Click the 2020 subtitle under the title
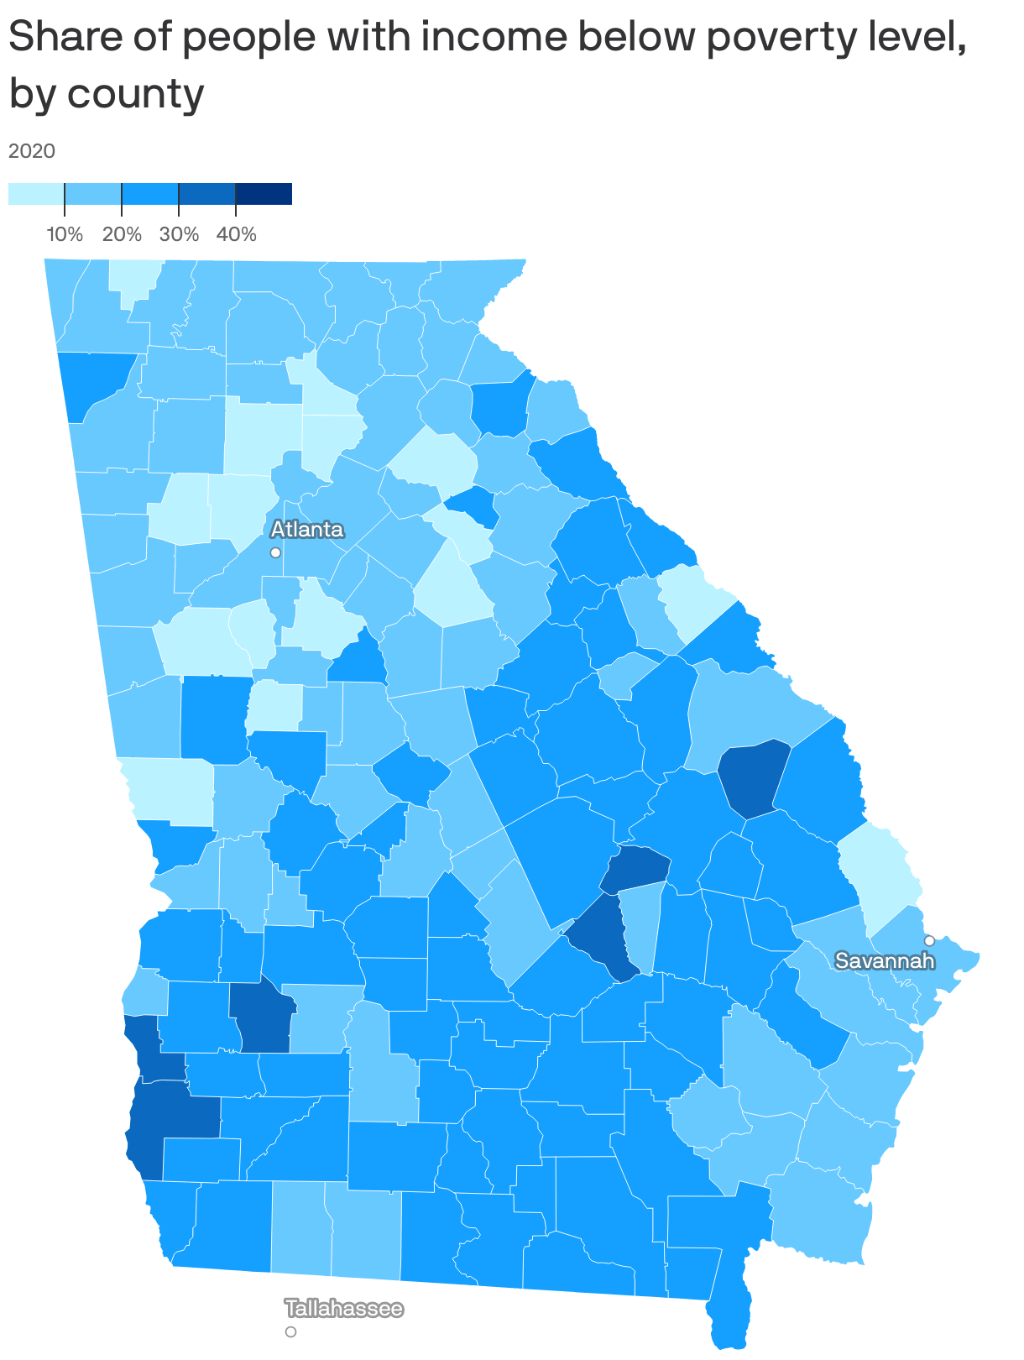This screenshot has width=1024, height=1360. (32, 151)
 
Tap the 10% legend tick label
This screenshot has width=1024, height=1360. (65, 234)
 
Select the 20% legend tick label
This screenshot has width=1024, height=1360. (122, 234)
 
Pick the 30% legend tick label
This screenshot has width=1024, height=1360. (179, 234)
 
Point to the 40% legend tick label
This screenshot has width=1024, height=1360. (236, 234)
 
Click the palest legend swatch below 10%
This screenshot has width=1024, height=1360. (36, 194)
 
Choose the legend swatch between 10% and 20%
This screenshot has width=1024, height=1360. (93, 194)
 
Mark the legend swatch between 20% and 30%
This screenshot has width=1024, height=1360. (150, 194)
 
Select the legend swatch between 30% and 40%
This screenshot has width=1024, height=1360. (207, 194)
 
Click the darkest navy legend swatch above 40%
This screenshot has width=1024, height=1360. (264, 194)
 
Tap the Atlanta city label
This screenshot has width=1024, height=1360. (307, 530)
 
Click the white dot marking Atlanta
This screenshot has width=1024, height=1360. (275, 552)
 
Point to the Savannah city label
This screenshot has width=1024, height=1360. (885, 960)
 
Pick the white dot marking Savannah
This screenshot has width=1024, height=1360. (929, 940)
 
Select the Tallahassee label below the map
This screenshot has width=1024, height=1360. (344, 1309)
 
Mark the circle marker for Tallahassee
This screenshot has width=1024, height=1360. (290, 1331)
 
